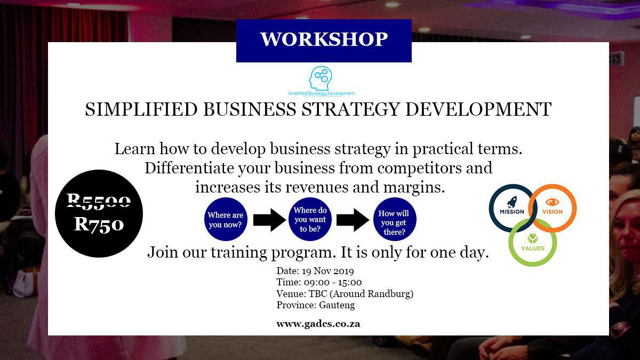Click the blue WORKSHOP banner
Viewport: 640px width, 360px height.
pos(324,41)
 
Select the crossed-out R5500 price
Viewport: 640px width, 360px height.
pos(99,201)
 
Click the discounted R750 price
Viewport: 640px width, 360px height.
pos(99,224)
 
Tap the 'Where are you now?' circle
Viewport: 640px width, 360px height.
pos(226,219)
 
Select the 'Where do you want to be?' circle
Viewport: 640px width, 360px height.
pos(310,219)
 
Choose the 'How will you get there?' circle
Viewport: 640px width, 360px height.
pos(395,219)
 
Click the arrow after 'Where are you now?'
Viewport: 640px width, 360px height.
pos(269,220)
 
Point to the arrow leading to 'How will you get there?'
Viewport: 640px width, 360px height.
pos(353,220)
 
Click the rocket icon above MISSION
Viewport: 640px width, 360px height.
pos(511,202)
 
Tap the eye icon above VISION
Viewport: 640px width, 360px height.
pos(552,202)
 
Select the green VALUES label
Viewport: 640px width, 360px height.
pos(533,249)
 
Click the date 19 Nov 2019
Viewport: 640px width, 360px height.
pos(327,271)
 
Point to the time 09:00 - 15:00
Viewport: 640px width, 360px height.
pos(333,282)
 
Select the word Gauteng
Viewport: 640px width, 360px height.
pos(337,306)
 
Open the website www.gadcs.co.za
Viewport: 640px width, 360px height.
pos(318,324)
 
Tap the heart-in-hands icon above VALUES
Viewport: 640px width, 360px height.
pos(533,238)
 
